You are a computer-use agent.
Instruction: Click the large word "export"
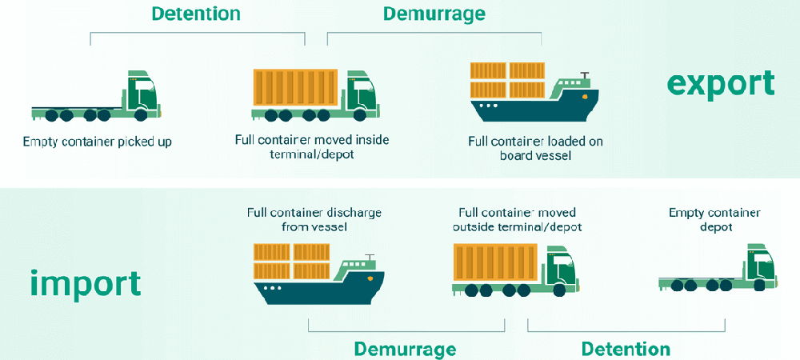point(721,83)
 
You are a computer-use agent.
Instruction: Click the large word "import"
point(86,282)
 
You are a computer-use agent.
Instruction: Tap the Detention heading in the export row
point(195,14)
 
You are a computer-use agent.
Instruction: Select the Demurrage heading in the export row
point(434,14)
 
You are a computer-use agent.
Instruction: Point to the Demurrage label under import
point(405,349)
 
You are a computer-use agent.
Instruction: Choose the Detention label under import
point(626,349)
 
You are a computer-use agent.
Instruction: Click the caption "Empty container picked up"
point(98,142)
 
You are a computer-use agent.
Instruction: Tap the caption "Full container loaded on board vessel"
point(535,149)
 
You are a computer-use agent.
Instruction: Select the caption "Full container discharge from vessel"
point(314,219)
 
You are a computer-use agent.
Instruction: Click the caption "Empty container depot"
point(714,219)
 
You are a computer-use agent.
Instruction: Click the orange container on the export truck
point(297,88)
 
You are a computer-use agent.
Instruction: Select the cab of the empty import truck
point(761,265)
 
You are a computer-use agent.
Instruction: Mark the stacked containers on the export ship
point(508,78)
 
